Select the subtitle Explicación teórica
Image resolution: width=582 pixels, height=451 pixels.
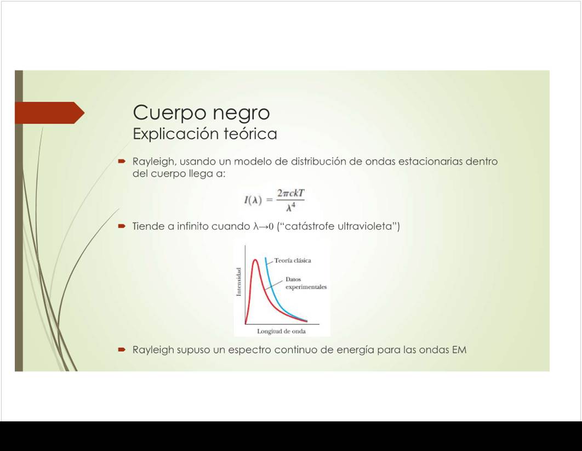205,134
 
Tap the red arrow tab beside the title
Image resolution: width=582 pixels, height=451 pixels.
50,112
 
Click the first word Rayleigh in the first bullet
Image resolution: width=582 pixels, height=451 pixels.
153,162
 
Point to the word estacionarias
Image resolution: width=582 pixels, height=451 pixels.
430,162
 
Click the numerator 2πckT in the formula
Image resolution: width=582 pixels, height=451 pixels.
290,193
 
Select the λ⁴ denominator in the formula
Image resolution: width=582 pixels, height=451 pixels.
290,207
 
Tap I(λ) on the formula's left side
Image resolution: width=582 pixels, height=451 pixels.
253,200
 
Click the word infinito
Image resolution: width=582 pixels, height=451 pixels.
192,226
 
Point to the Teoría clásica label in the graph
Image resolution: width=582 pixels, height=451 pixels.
293,261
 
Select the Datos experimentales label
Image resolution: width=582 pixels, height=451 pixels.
306,283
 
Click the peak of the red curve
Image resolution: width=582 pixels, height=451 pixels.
255,260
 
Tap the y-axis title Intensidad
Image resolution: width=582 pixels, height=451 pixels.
239,282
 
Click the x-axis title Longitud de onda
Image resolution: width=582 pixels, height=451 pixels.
281,331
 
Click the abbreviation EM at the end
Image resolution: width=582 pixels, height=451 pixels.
459,349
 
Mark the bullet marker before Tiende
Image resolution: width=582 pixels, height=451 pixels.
122,226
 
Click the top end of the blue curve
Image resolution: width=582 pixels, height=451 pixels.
265,257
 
